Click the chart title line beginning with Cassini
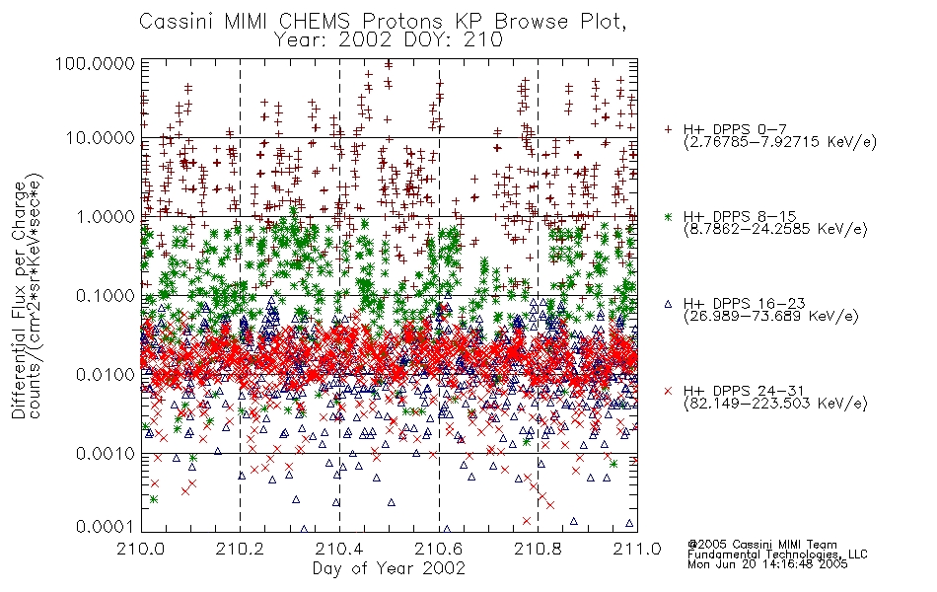point(383,22)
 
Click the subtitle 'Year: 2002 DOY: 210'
point(388,40)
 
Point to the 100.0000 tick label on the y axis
point(96,63)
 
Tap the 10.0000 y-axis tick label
point(100,138)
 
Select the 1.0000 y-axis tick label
point(106,216)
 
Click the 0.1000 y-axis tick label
point(106,295)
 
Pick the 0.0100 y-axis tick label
point(106,375)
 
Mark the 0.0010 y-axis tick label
point(106,454)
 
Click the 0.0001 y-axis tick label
point(106,527)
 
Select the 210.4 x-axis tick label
point(339,549)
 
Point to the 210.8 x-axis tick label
point(538,549)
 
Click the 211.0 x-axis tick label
point(637,549)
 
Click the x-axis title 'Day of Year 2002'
point(389,568)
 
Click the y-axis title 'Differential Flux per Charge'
point(19,300)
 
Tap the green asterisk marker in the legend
point(668,216)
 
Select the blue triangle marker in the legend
point(668,304)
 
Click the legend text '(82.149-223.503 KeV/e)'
point(775,404)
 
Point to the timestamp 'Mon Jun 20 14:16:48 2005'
point(767,564)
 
